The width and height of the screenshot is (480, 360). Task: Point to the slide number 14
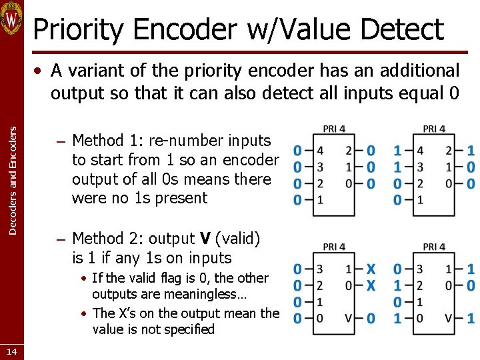[12, 351]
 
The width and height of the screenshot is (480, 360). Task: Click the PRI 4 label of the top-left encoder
[333, 129]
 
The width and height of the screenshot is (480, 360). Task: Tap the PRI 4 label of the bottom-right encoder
[433, 247]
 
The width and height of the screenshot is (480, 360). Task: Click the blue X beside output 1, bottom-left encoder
[371, 269]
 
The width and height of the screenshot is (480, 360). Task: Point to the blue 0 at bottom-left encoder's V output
[371, 319]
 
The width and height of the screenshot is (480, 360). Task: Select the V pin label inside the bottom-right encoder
[448, 319]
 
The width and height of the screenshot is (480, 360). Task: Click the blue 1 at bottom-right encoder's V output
[471, 319]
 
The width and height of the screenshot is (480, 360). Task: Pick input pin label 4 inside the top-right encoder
[420, 151]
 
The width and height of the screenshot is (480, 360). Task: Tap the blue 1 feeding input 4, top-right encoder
[398, 151]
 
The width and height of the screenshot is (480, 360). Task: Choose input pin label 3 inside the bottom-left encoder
[320, 269]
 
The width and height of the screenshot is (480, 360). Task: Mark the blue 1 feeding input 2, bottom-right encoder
[398, 285]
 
